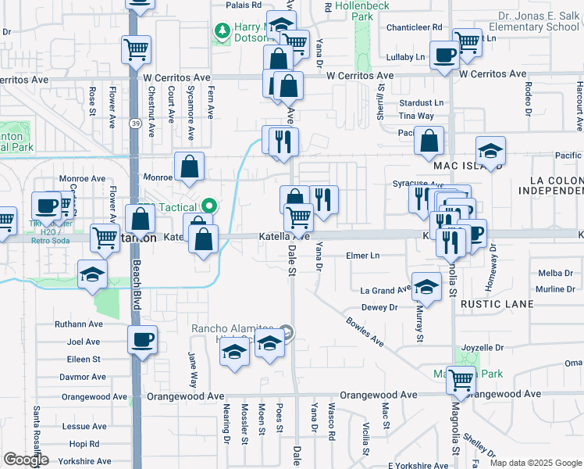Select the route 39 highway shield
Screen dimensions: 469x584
click(136, 124)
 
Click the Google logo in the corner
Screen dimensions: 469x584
click(26, 460)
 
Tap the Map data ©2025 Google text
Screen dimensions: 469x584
click(536, 463)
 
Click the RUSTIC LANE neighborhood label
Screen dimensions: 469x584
click(497, 303)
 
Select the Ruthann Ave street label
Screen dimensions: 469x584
click(79, 324)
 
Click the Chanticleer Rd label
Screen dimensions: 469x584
click(414, 27)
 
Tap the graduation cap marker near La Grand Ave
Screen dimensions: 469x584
click(426, 286)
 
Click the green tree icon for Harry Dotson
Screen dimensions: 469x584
click(223, 30)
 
